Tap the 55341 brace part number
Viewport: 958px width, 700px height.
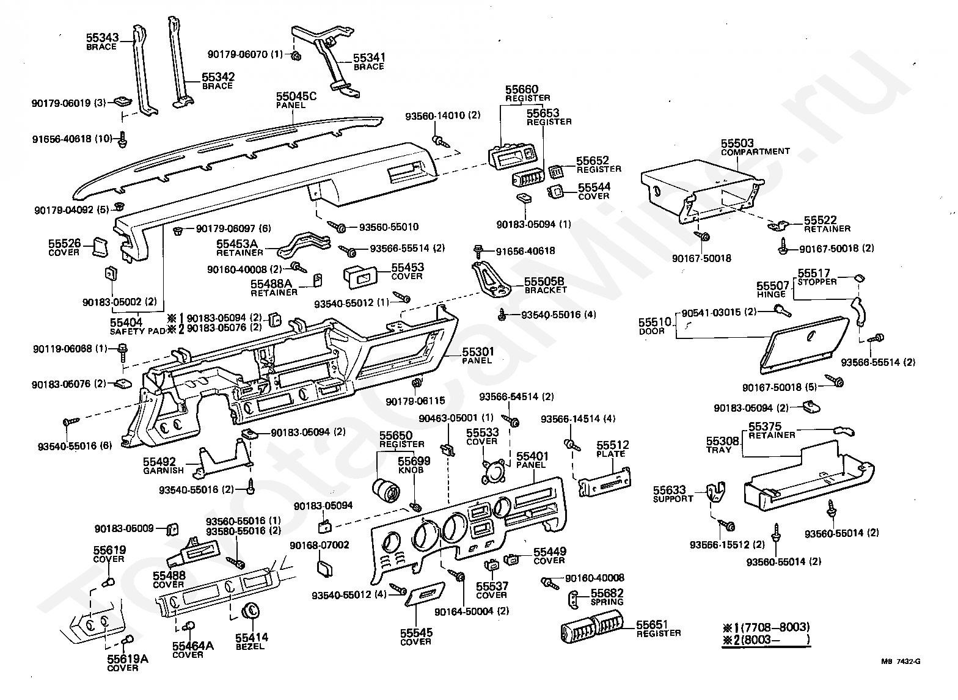[368, 58]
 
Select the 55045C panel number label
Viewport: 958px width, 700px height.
[296, 97]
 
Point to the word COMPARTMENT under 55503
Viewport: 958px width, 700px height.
[755, 151]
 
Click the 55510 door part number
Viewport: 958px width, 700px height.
[655, 322]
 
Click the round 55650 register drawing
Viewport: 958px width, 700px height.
[386, 490]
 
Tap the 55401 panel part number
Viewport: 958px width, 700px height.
[532, 456]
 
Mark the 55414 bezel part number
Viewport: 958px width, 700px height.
[252, 638]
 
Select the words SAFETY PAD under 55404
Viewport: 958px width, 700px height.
[137, 331]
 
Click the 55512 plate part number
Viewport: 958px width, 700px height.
[612, 445]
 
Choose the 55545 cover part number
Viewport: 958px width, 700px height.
[416, 633]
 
